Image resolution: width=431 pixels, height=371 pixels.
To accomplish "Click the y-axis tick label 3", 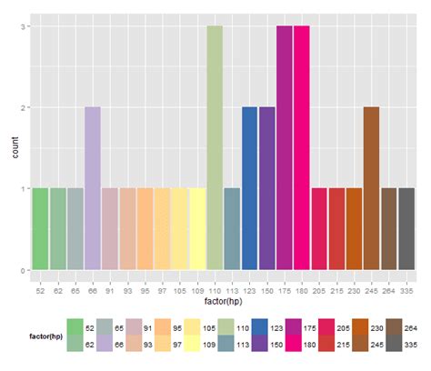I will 22,26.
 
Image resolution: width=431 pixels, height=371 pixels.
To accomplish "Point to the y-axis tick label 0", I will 22,270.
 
